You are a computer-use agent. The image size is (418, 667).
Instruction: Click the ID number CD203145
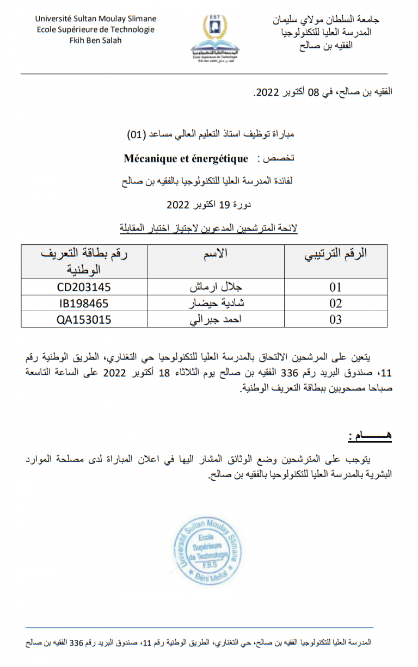84,287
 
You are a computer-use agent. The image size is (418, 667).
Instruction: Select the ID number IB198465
84,303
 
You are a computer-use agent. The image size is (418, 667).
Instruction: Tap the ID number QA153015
84,319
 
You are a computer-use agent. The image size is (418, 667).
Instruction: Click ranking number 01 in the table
336,287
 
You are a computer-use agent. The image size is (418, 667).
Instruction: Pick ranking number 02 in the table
336,303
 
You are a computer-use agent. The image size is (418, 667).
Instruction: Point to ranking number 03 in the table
336,319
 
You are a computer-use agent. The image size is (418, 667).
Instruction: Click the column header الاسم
216,253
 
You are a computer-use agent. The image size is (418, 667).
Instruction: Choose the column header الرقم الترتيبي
335,254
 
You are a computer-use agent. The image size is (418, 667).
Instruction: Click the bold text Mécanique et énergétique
186,159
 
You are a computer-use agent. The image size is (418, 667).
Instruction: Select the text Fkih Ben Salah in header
95,40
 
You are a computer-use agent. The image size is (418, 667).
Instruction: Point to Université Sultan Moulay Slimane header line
95,18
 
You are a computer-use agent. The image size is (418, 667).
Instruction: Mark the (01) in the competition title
136,134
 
